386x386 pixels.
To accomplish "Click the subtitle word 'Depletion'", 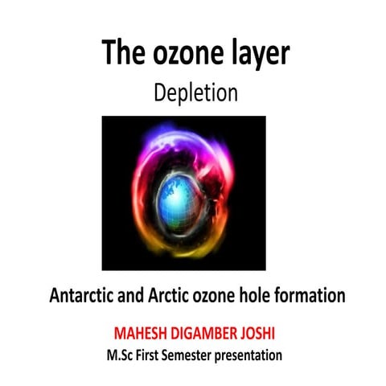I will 195,93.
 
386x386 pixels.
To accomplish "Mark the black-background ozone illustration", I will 183,193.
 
